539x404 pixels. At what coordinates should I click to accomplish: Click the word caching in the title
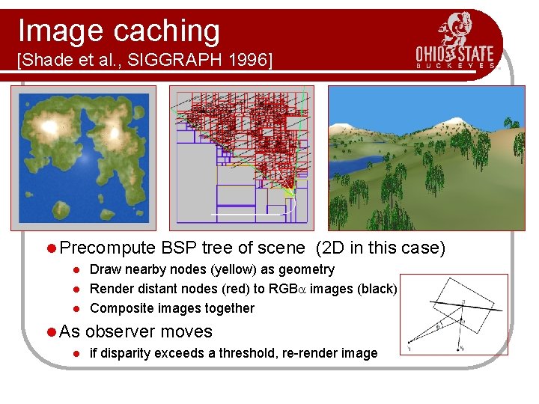click(x=167, y=31)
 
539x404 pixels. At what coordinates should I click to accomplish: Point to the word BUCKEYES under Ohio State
click(x=456, y=67)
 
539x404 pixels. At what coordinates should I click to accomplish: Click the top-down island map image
click(x=83, y=157)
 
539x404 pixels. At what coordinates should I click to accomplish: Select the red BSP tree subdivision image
click(x=239, y=157)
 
